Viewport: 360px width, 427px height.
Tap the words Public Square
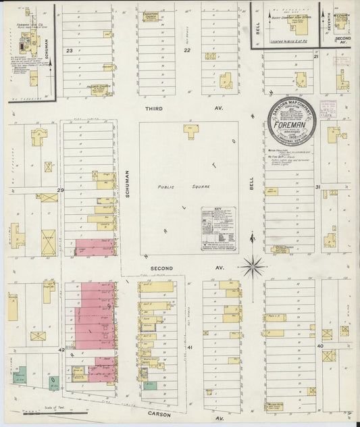[174, 186]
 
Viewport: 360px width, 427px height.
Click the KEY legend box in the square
[218, 229]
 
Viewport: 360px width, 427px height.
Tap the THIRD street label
[153, 108]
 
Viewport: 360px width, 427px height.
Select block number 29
[60, 191]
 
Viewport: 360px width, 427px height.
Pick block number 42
[61, 350]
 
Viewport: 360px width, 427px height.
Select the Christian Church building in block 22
[151, 18]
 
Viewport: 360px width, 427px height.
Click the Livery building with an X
[48, 243]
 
